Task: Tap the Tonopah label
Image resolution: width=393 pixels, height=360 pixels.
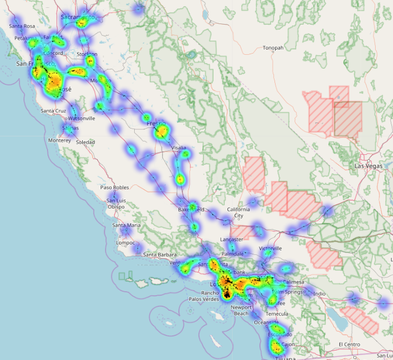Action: coord(273,48)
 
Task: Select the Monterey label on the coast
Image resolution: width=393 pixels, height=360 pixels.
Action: coord(60,141)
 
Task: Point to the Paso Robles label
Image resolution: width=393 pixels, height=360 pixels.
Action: coord(114,187)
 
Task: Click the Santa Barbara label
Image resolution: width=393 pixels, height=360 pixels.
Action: coord(160,255)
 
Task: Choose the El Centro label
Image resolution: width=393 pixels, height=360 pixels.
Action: coord(351,344)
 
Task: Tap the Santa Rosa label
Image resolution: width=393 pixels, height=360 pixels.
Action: coord(22,26)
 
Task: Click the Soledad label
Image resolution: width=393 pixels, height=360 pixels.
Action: coord(86,142)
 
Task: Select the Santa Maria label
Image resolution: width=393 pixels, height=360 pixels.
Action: coord(126,225)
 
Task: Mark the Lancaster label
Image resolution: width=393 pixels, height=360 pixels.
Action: coord(231,239)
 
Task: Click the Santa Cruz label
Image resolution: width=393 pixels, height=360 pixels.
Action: coord(53,111)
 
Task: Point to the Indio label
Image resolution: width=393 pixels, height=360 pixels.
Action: coord(320,294)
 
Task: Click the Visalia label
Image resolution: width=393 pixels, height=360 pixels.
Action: coord(179,148)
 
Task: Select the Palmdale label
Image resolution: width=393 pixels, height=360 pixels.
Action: coord(233,253)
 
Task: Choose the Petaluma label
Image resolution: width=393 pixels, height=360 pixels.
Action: coord(26,39)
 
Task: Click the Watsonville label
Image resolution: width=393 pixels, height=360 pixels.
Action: coord(82,119)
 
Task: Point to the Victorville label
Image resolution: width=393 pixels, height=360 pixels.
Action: coord(271,248)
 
